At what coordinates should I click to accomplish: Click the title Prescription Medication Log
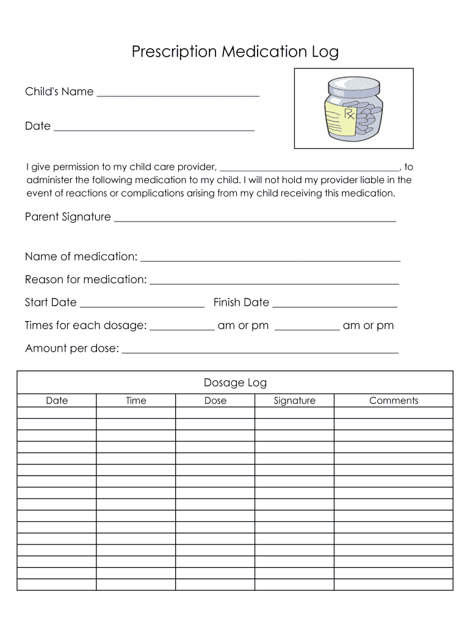tap(235, 52)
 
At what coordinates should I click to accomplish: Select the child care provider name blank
tap(309, 169)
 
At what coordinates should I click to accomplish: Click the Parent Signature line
tap(255, 219)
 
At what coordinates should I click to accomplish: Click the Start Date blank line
tap(142, 305)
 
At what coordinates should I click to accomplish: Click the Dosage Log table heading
tap(235, 383)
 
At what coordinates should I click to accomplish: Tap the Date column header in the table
tap(57, 401)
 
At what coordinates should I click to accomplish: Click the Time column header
tap(136, 401)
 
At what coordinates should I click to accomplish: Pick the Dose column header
tap(215, 401)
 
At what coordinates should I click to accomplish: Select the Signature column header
tap(294, 401)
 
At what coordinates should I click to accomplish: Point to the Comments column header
tap(394, 401)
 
